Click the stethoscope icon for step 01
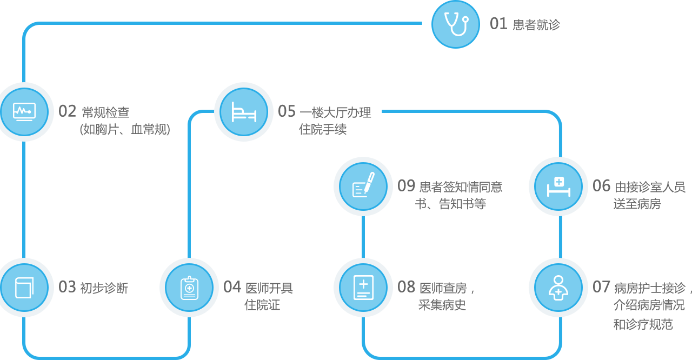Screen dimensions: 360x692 (456, 24)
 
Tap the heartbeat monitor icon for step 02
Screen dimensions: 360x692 (24, 112)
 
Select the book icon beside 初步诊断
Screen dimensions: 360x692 (24, 288)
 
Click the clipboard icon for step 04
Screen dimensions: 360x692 (189, 288)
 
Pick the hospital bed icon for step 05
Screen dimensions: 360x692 (244, 112)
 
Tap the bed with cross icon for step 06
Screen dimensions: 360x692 (558, 186)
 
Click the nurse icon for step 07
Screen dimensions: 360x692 (558, 288)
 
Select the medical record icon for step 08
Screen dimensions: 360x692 (363, 288)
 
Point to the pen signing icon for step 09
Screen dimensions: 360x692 (363, 186)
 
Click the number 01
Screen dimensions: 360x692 (498, 24)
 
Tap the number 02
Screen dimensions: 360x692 (68, 111)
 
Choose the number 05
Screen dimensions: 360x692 (287, 111)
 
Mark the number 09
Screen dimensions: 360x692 (407, 186)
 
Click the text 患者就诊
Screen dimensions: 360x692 (536, 25)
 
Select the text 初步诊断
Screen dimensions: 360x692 (104, 288)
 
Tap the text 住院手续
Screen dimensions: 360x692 (323, 129)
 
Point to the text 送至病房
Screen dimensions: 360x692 (637, 204)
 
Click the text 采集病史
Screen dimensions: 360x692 (442, 305)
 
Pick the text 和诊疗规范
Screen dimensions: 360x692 (643, 324)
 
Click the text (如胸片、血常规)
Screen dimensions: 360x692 (124, 130)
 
